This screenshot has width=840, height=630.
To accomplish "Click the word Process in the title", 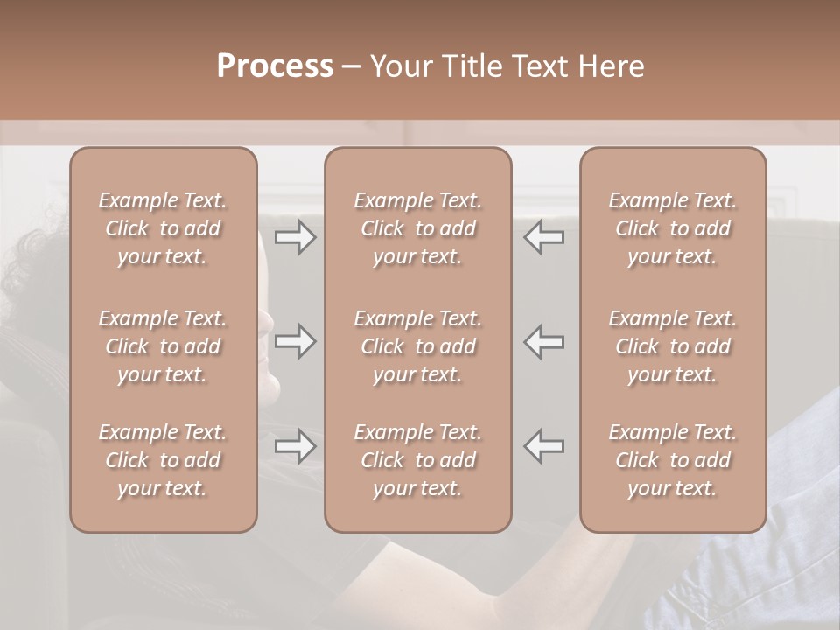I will point(275,66).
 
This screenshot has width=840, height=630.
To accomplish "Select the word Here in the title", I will point(611,66).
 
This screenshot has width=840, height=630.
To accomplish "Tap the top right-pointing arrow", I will point(296,237).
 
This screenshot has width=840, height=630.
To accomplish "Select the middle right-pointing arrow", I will point(296,341).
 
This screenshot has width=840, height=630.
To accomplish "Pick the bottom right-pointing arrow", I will point(296,446).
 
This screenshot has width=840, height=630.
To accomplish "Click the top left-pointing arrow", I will point(544,237).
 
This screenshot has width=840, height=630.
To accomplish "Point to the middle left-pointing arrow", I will point(544,341).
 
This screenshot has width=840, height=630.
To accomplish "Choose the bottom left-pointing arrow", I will point(544,446).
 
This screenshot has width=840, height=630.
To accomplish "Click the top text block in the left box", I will point(163,228).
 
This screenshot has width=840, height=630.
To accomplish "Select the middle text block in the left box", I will point(163,346).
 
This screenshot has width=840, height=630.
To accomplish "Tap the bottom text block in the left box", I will point(163,460).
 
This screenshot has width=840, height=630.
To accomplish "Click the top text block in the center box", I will point(418,228).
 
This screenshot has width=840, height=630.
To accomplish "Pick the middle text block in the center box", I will point(418,346).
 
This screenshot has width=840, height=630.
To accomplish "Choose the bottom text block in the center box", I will point(418,460).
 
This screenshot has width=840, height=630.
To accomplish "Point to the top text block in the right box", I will point(673,228).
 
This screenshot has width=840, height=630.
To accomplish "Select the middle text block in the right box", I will point(673,346).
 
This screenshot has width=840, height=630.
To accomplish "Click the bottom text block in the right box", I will point(673,460).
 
